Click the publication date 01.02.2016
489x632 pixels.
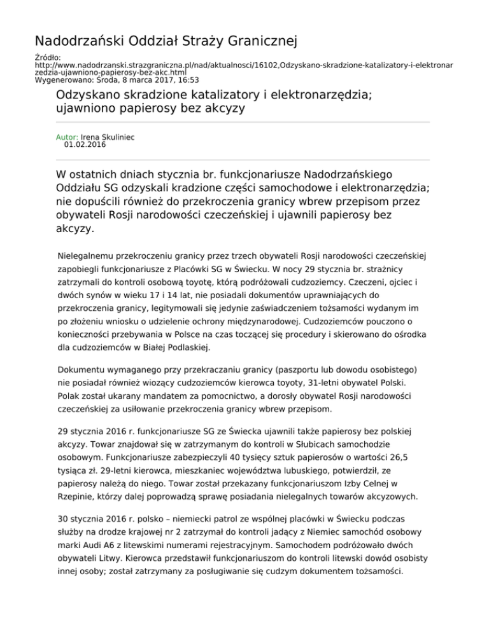(85, 145)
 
